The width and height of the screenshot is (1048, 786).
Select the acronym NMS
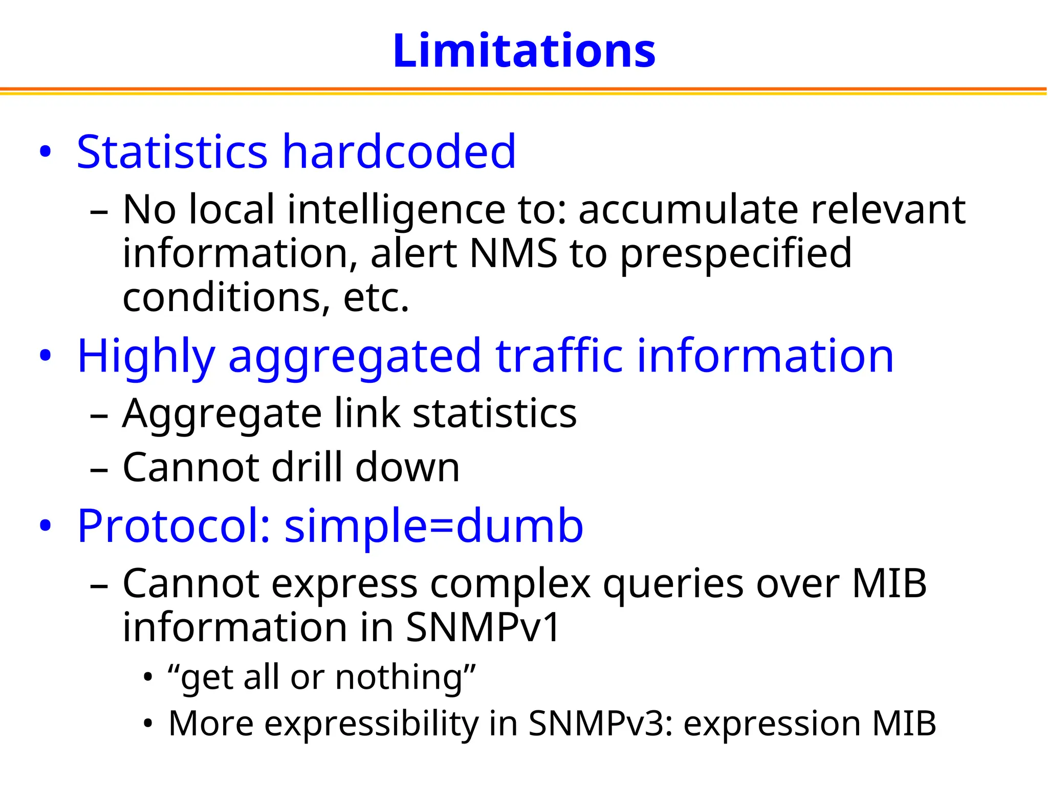pyautogui.click(x=513, y=253)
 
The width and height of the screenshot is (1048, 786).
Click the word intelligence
pyautogui.click(x=397, y=210)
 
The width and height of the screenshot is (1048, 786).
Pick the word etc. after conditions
pyautogui.click(x=376, y=298)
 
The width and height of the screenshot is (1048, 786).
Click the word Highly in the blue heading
pyautogui.click(x=146, y=357)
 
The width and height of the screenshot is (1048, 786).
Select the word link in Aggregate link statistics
pyautogui.click(x=367, y=413)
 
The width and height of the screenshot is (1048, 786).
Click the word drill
pyautogui.click(x=307, y=467)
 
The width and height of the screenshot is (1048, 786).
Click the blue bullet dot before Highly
pyautogui.click(x=46, y=356)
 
